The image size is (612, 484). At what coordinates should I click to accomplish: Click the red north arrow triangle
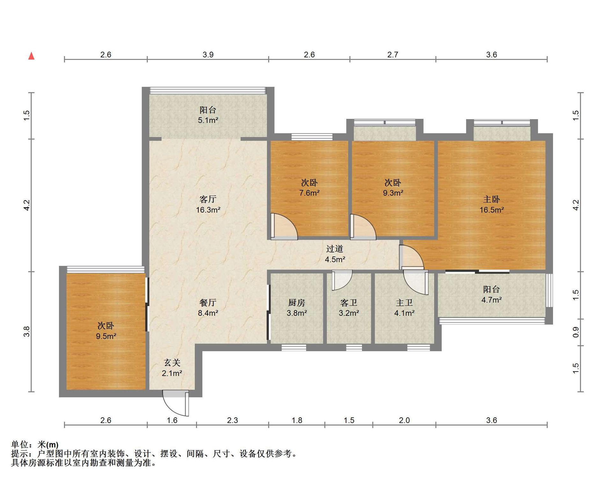coord(31,56)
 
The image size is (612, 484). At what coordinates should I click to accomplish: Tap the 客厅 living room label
coord(208,199)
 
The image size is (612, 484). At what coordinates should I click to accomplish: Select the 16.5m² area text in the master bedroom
coord(492,210)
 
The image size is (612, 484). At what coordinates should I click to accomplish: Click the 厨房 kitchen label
coord(296,303)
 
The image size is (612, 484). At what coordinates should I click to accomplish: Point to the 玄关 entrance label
coord(172,363)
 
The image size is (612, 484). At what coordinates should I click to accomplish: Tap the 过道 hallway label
coord(335,249)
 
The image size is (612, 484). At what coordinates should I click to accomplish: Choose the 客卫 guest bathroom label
coord(349,303)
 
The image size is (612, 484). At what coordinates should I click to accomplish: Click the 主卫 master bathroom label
coord(404,303)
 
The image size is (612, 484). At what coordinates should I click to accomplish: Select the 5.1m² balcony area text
coord(208,120)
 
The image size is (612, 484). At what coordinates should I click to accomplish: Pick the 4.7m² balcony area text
coord(492,300)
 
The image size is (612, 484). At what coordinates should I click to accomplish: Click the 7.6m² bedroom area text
coord(309,193)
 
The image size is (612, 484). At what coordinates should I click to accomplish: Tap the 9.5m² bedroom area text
coord(106,336)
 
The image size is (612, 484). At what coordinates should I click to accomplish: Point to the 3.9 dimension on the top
coord(208,55)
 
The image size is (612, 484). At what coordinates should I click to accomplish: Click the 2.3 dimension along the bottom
coord(232,420)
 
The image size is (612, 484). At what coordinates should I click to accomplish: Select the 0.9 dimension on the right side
coord(576,332)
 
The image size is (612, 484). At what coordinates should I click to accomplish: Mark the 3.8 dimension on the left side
coord(27,331)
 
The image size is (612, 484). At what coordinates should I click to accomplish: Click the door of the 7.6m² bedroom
coord(284,226)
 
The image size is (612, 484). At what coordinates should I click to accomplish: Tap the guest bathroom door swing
coord(342,280)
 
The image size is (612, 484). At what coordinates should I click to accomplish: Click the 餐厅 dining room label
coord(208,303)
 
